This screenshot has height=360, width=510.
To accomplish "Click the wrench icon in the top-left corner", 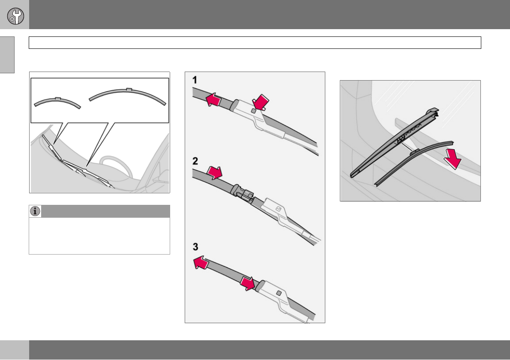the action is (x=15, y=16).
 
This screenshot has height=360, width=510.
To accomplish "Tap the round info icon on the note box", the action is (x=35, y=211).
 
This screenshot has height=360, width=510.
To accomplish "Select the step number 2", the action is (x=195, y=162).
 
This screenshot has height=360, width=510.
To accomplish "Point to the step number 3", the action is (x=195, y=247).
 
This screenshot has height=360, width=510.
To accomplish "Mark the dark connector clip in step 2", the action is (x=242, y=193).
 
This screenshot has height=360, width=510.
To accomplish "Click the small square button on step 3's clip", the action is (x=279, y=293).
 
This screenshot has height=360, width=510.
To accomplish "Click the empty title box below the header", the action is (x=255, y=42).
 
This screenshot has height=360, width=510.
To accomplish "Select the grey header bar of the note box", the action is (x=105, y=211).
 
